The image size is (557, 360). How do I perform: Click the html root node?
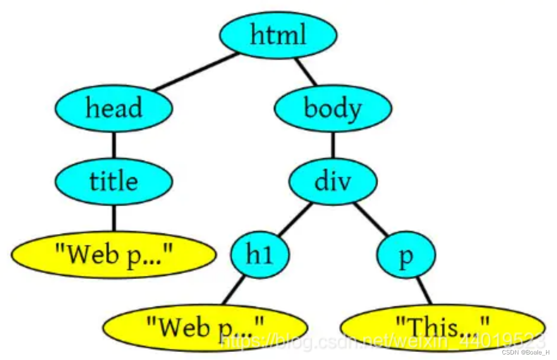tap(278, 35)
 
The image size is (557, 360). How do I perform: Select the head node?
tap(114, 108)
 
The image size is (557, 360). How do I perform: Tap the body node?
tap(333, 108)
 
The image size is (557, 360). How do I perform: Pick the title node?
tap(114, 181)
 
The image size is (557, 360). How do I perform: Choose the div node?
tap(333, 181)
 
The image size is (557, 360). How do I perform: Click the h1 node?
tap(260, 255)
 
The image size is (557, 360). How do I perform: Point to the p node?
tap(406, 255)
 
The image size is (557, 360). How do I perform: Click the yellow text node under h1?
tap(205, 328)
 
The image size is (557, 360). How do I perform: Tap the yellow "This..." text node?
tap(443, 328)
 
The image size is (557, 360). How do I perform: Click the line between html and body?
tap(306, 72)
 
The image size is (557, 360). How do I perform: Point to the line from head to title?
tap(114, 145)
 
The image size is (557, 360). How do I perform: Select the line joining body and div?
tap(333, 145)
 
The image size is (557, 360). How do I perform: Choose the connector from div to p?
tap(371, 219)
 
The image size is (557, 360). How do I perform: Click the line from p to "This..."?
tap(424, 290)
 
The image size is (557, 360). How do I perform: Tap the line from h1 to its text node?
tap(234, 290)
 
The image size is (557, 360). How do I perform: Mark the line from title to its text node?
tap(114, 218)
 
